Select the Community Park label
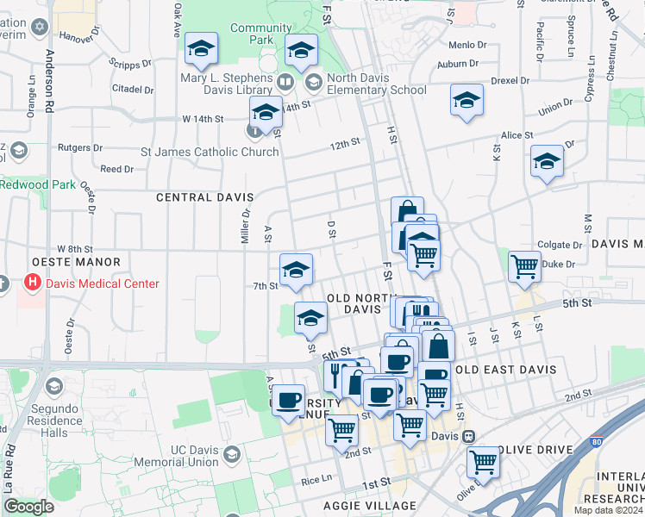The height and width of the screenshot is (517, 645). pos(261,34)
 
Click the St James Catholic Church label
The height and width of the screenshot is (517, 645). pos(210,153)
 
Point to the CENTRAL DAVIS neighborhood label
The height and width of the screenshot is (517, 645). pos(196,197)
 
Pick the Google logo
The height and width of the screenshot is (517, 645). pos(28,507)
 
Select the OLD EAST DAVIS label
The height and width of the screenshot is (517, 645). pos(505,370)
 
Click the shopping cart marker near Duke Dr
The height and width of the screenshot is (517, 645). pos(523,266)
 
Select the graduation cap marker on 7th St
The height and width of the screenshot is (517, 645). pos(296,271)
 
